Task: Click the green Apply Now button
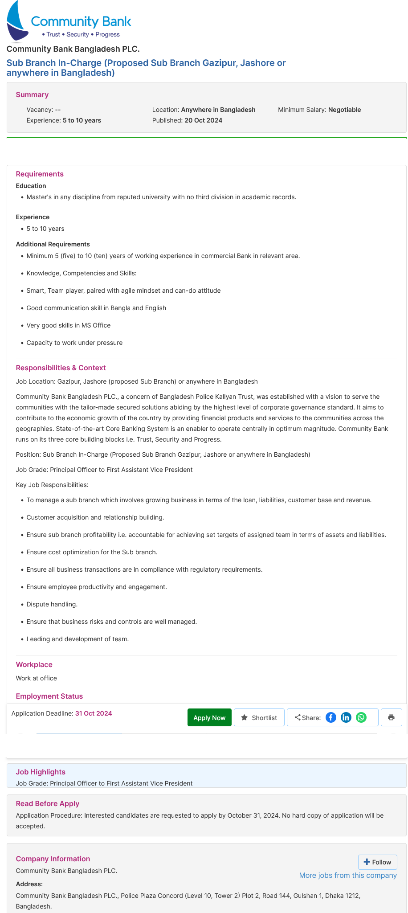[x=209, y=717]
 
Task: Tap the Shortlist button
[x=259, y=717]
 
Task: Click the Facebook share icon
[x=330, y=717]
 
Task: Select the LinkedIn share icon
[x=346, y=717]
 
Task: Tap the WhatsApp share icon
[x=361, y=717]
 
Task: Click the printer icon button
[x=391, y=717]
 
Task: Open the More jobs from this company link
[x=348, y=875]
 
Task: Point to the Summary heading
[x=32, y=94]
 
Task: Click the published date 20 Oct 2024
[x=203, y=120]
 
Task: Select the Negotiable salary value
[x=344, y=110]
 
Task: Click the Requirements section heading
[x=40, y=174]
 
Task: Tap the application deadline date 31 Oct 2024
[x=94, y=713]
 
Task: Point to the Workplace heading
[x=34, y=664]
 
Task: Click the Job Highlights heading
[x=41, y=772]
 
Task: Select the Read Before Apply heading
[x=47, y=803]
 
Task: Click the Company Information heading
[x=53, y=859]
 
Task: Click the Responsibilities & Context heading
[x=61, y=368]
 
